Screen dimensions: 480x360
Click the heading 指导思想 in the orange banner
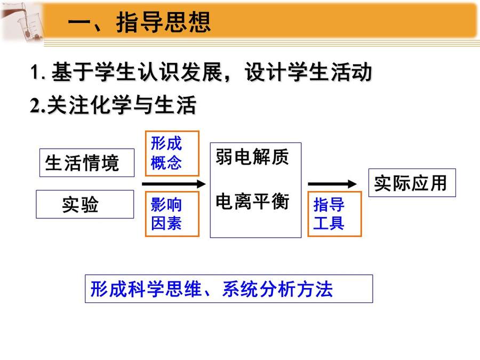(164, 22)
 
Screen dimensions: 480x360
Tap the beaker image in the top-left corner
(22, 22)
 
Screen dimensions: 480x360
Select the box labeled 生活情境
(87, 163)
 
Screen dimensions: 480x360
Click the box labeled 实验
(85, 204)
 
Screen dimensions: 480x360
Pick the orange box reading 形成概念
(172, 154)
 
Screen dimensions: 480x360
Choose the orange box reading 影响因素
(172, 214)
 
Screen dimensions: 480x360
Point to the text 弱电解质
(252, 157)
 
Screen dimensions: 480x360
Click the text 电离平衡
(252, 202)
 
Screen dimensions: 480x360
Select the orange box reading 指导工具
(334, 214)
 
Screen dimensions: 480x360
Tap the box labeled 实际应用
(412, 183)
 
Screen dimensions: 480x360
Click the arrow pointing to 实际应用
(332, 184)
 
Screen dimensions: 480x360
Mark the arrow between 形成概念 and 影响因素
(173, 184)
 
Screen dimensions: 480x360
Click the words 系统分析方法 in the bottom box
(277, 289)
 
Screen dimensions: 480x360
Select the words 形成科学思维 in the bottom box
(146, 289)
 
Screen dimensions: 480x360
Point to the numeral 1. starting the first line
(38, 72)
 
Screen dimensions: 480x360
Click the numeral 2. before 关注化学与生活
(38, 105)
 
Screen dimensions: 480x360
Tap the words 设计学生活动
(308, 72)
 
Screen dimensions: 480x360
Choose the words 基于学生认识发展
(137, 72)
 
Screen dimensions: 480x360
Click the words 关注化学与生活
(122, 105)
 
